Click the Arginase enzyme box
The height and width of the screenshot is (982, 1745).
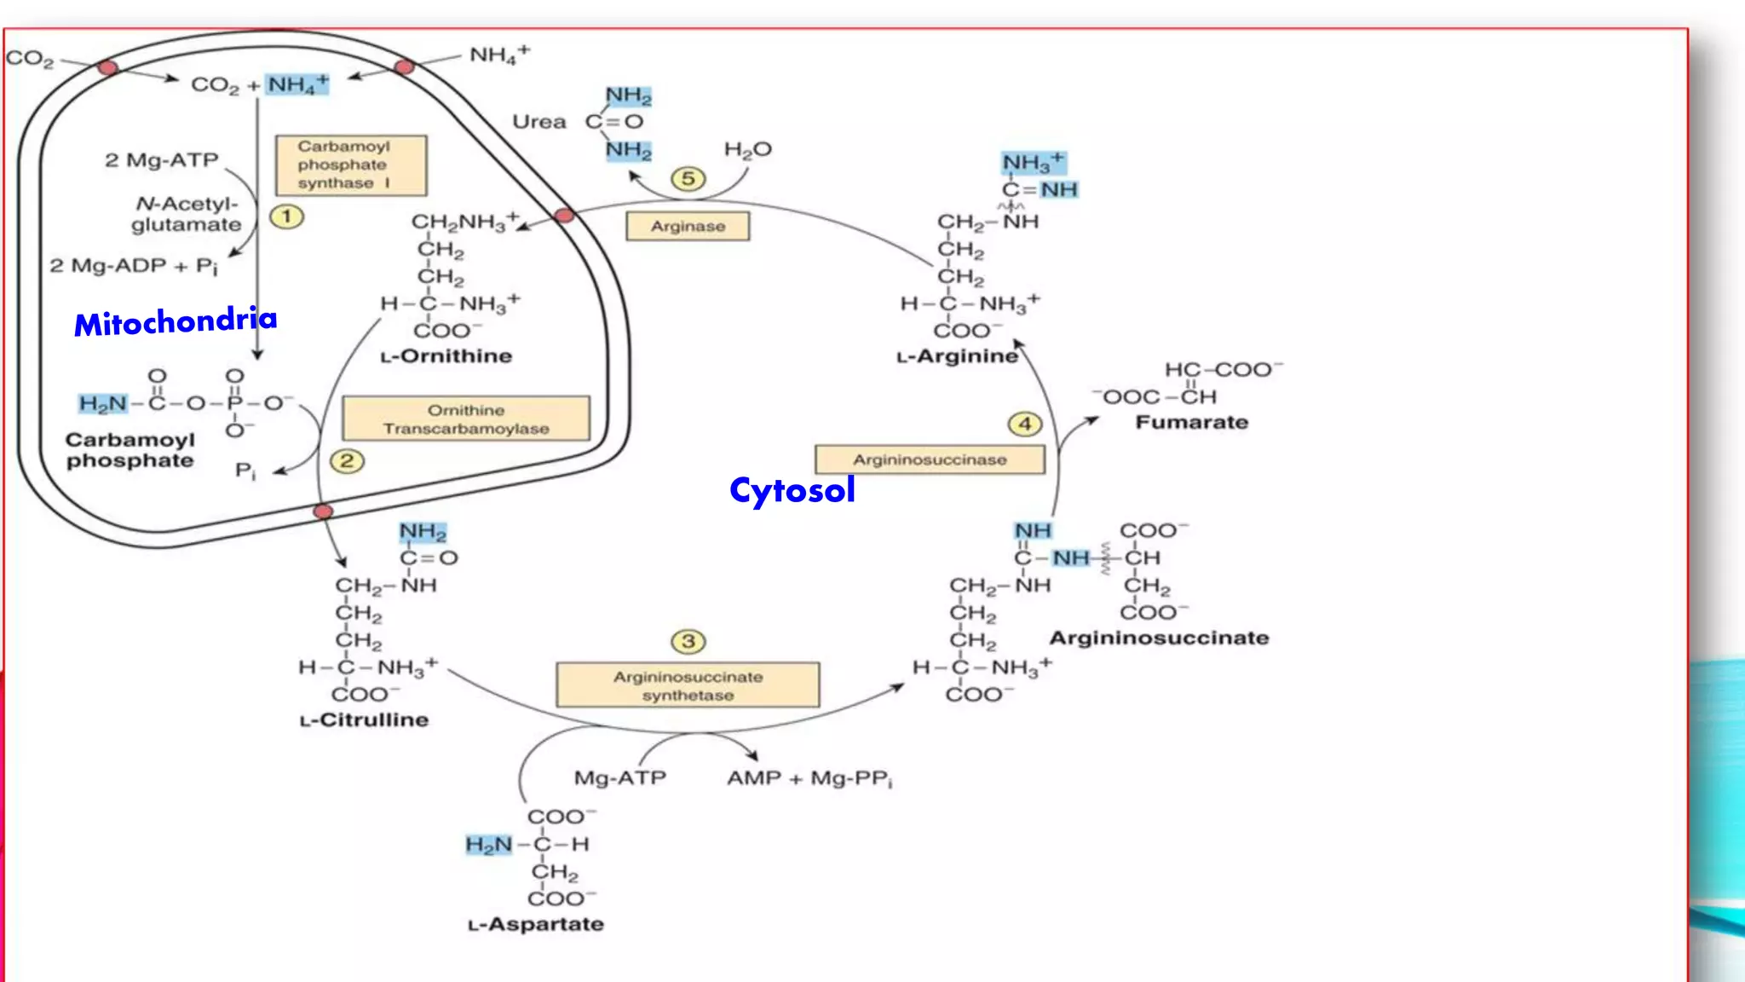(x=688, y=227)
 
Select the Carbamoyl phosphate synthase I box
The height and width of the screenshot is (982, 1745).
(x=351, y=165)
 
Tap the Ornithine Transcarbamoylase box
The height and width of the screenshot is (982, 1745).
(x=466, y=419)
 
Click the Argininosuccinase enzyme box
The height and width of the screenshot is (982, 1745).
(x=930, y=459)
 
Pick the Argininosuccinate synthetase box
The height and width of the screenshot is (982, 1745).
(x=688, y=685)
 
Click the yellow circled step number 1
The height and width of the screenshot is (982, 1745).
(x=287, y=217)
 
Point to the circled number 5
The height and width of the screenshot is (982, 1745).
(x=688, y=179)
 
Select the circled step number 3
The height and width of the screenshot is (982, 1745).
(x=688, y=641)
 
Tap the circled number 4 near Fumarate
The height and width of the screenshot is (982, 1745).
(x=1025, y=424)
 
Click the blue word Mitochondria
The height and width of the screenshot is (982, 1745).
(x=176, y=321)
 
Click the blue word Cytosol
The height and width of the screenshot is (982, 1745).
(x=792, y=490)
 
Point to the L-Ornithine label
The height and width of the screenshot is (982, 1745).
(x=446, y=356)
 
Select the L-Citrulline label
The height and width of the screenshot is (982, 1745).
(x=364, y=720)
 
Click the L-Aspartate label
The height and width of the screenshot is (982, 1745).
(x=535, y=924)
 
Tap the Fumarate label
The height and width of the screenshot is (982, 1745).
(x=1191, y=423)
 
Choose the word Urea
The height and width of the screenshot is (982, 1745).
(x=538, y=122)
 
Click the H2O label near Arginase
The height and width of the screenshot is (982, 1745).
(x=747, y=150)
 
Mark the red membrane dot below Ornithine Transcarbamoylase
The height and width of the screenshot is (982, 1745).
(x=323, y=511)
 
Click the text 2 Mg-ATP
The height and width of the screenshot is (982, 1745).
(x=162, y=160)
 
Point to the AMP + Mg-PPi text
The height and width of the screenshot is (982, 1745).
(x=809, y=778)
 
